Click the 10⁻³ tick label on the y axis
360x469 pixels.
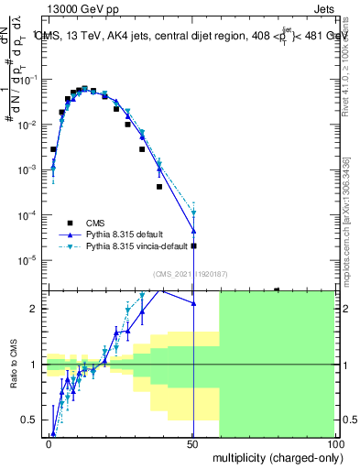click(29, 170)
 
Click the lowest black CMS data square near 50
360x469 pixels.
click(193, 245)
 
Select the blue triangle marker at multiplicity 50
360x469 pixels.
click(193, 231)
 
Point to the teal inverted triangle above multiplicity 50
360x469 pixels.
click(193, 213)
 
